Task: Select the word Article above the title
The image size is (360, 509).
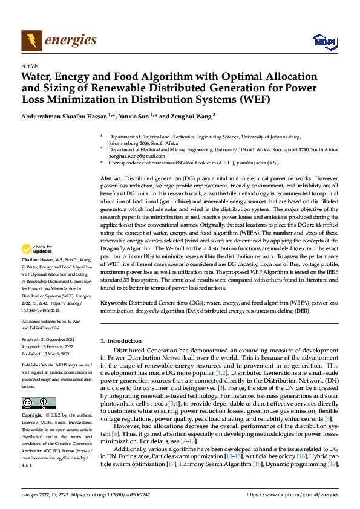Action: click(x=30, y=66)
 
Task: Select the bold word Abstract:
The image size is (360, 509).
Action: click(x=111, y=180)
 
